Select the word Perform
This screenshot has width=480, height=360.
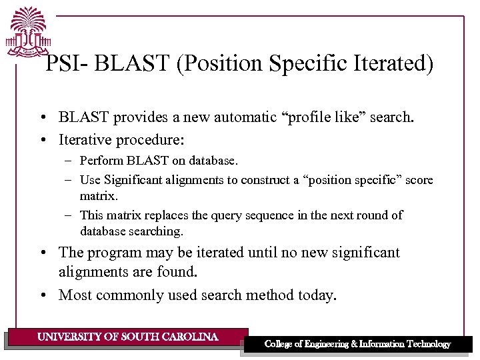coord(99,161)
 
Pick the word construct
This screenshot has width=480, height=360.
coord(271,180)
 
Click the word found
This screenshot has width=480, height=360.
coord(180,272)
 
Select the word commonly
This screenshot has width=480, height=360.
coord(127,295)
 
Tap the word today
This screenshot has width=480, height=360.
coord(316,295)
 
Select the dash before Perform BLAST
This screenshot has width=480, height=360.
coord(69,161)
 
